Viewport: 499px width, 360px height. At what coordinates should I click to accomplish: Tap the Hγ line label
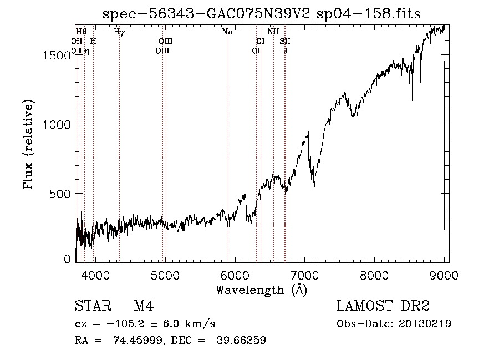(x=119, y=32)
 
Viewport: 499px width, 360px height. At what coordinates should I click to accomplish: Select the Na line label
(x=227, y=32)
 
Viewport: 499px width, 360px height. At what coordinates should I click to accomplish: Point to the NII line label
(x=273, y=32)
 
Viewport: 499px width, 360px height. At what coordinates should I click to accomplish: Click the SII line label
(x=285, y=41)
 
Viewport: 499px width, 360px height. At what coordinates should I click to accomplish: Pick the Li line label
(x=284, y=50)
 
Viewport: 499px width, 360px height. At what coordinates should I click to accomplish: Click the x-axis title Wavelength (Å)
(x=261, y=290)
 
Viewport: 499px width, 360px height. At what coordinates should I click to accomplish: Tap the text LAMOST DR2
(x=383, y=306)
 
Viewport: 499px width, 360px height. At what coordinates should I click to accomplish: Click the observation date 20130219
(x=425, y=324)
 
